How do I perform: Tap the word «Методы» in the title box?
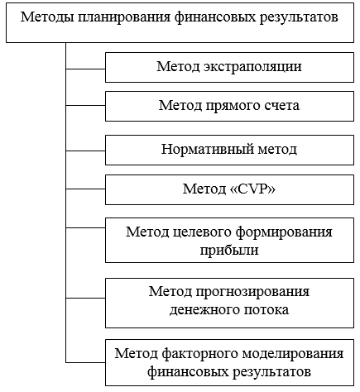(47, 17)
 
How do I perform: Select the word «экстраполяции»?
(252, 67)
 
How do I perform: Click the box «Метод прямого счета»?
(229, 107)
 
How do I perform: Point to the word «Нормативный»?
(207, 149)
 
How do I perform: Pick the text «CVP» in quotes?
(252, 189)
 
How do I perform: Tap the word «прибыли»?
(229, 250)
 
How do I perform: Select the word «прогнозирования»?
(252, 292)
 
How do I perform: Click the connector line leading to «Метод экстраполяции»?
(85, 69)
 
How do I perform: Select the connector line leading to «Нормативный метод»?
(85, 151)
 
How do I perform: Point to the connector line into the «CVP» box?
(85, 189)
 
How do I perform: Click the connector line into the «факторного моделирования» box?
(85, 362)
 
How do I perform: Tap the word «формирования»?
(285, 232)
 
